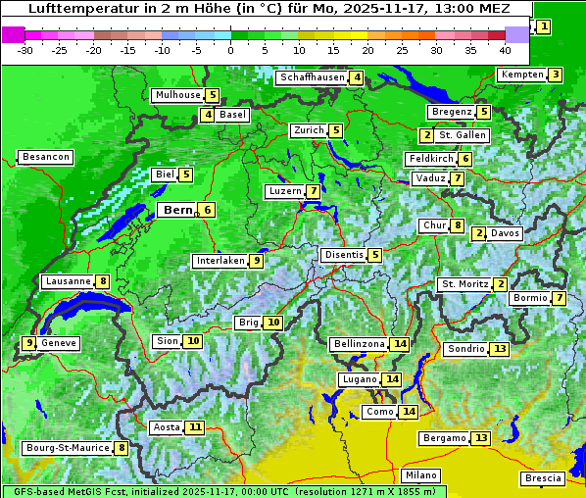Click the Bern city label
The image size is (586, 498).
(177, 210)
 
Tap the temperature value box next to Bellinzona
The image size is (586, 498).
(399, 344)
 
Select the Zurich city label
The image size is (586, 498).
(308, 130)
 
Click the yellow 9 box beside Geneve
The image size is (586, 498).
(29, 343)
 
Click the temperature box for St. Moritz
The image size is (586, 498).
(501, 284)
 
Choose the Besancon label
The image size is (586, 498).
(46, 157)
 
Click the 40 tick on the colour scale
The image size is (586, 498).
(505, 50)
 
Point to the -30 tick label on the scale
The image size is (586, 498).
(25, 50)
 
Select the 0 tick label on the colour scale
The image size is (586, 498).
(231, 50)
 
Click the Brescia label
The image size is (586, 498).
(544, 478)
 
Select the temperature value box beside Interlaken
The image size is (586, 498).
(256, 261)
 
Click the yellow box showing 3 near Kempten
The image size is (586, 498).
(555, 75)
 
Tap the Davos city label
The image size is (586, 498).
(506, 233)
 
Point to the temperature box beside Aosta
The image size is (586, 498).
(196, 427)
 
